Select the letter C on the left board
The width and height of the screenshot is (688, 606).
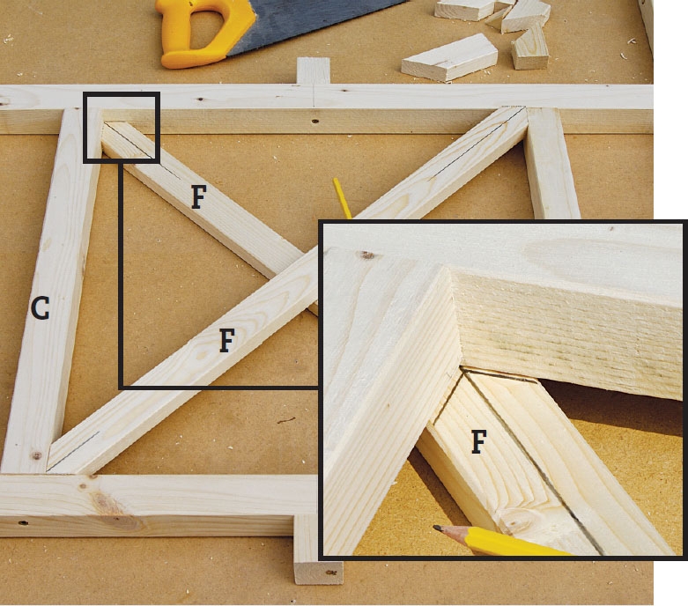(x=40, y=307)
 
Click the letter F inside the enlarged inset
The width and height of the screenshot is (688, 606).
(x=478, y=441)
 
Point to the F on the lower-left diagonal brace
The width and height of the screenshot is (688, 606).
(x=226, y=341)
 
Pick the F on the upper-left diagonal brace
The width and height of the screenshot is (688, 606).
(x=199, y=196)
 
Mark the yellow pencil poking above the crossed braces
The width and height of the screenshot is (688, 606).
(x=342, y=197)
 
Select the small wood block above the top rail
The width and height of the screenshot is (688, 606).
(x=314, y=70)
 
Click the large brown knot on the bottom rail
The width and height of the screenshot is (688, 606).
(x=106, y=504)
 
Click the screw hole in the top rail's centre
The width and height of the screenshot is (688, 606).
(x=314, y=121)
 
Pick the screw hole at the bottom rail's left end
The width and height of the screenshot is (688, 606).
(x=23, y=522)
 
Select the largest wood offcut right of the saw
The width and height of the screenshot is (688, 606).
(x=449, y=58)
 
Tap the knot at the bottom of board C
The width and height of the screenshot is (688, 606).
(x=37, y=455)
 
